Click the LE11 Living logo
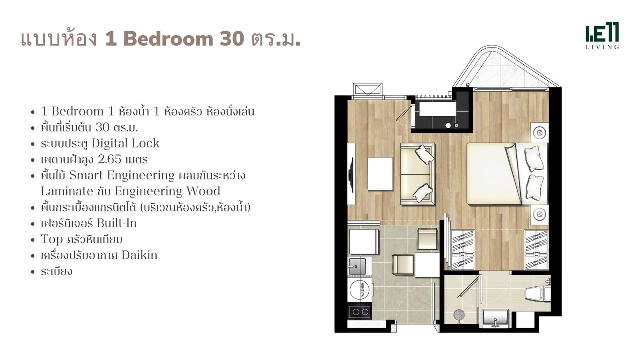pos(602,36)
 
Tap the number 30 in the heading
pos(232,39)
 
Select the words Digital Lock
pos(125,143)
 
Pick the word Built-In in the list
pos(116,223)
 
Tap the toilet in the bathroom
pos(538,293)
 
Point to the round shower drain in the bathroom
pos(459,315)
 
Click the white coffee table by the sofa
pos(380,174)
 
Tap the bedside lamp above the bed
pos(540,133)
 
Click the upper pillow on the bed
pos(533,159)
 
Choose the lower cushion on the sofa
pos(423,193)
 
